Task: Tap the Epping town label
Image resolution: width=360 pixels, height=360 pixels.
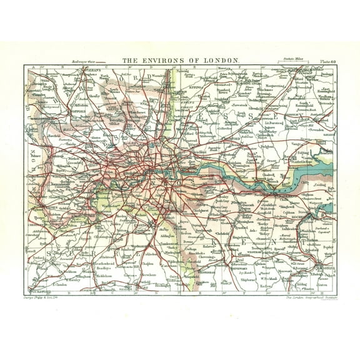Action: (x=196, y=89)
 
